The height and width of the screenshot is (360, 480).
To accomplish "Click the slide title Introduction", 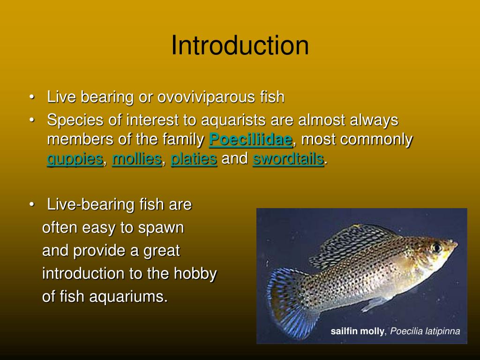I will (x=240, y=46).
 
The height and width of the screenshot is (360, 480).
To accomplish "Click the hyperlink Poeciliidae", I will (x=250, y=140).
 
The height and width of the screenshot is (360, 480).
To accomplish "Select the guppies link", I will (x=75, y=159).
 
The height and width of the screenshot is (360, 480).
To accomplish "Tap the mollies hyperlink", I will (x=137, y=159).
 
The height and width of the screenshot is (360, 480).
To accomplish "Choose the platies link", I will (x=194, y=159).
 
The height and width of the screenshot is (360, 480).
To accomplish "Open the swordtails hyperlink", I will (x=288, y=159).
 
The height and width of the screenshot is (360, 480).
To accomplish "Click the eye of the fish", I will (x=437, y=247).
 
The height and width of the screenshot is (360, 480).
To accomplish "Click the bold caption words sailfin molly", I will (x=357, y=332).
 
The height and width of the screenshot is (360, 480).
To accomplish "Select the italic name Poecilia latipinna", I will (x=425, y=332).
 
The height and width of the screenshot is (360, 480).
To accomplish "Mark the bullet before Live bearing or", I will (x=32, y=97).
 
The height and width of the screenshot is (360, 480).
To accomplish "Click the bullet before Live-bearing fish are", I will (x=32, y=205).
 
